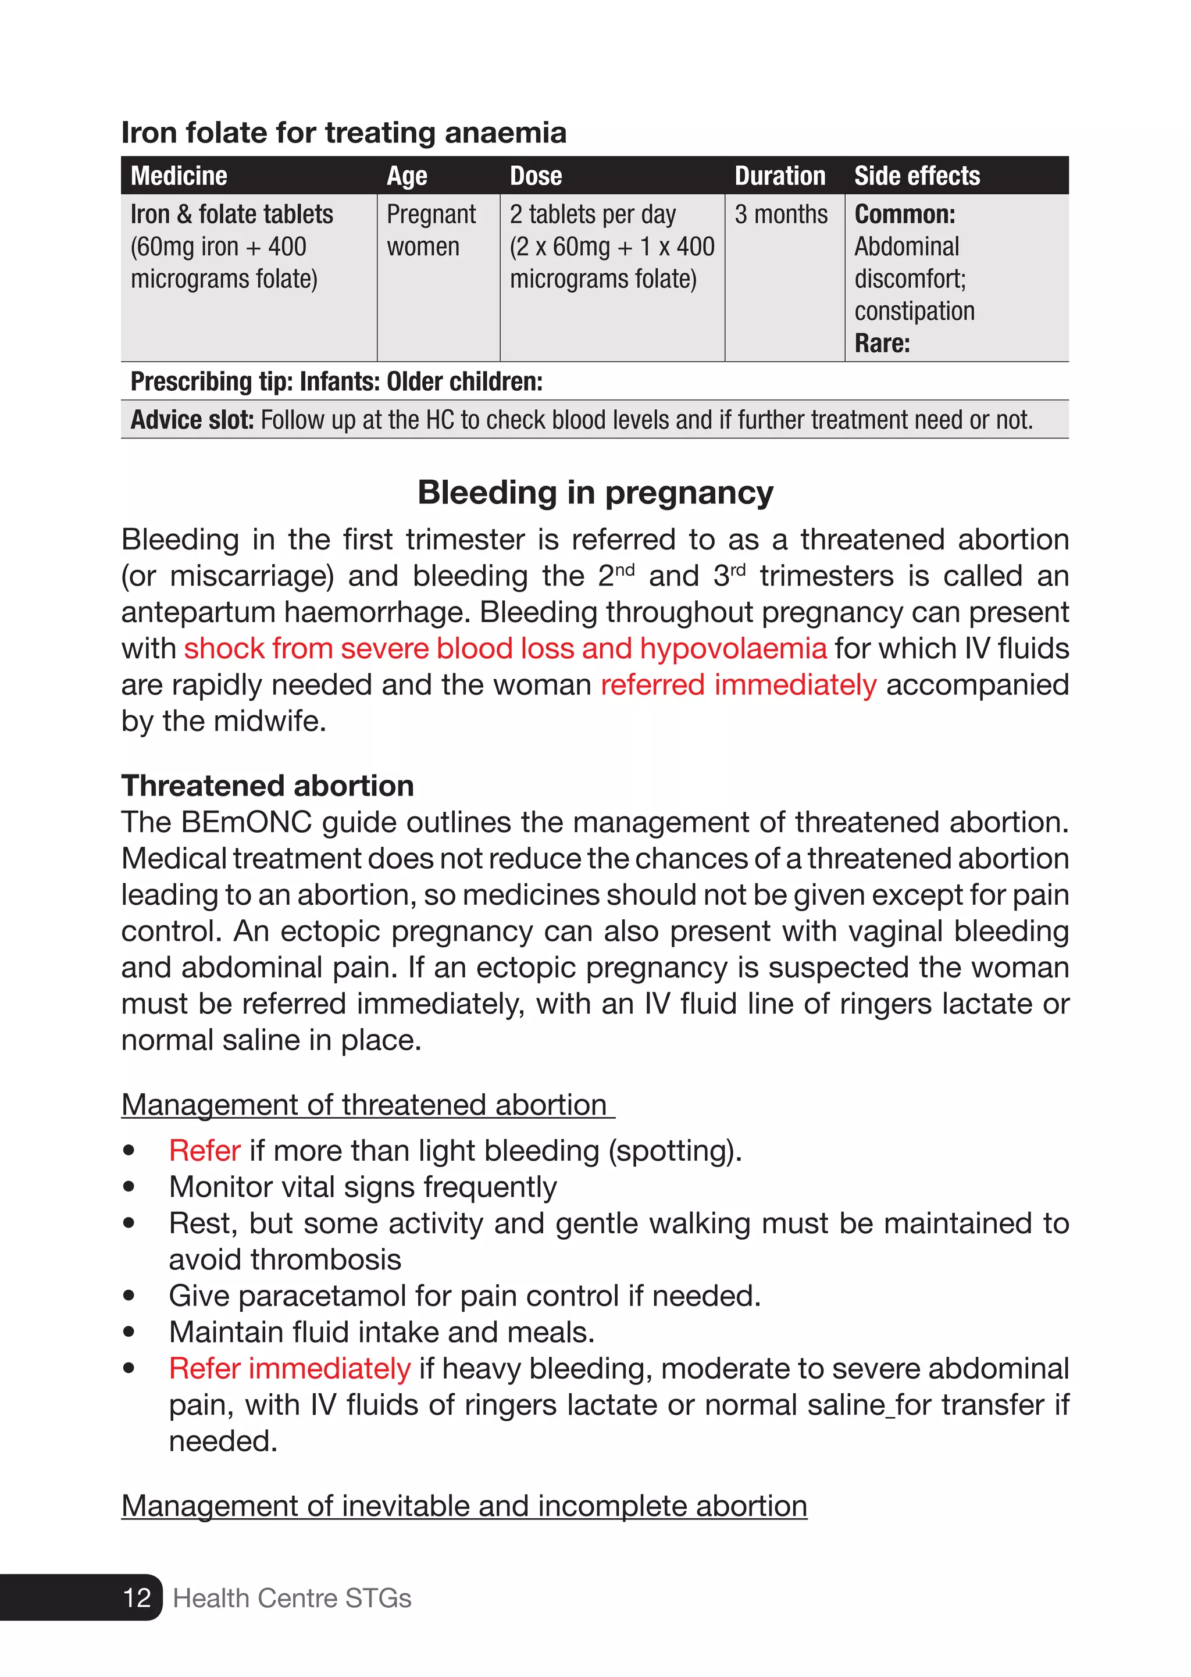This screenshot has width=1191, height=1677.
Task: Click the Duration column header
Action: pyautogui.click(x=780, y=176)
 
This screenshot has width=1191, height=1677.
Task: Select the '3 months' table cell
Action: pyautogui.click(x=780, y=215)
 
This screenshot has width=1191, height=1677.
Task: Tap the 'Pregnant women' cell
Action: pyautogui.click(x=432, y=230)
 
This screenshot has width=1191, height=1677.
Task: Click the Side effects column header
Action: pyautogui.click(x=917, y=176)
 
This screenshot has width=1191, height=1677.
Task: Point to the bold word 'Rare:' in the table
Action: pyautogui.click(x=882, y=344)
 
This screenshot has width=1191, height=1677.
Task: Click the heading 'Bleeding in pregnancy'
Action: pyautogui.click(x=595, y=493)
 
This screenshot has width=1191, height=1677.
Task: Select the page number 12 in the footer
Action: pyautogui.click(x=137, y=1598)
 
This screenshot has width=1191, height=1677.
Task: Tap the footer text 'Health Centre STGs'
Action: pyautogui.click(x=292, y=1598)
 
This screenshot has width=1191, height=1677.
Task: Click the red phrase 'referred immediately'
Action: pyautogui.click(x=738, y=685)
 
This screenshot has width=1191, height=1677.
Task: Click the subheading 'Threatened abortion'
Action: pyautogui.click(x=268, y=786)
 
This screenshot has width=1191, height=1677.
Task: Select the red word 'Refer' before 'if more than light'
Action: pyautogui.click(x=204, y=1151)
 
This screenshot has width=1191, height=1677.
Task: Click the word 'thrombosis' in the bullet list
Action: pyautogui.click(x=286, y=1259)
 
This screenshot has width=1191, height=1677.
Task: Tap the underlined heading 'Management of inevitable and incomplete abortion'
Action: pyautogui.click(x=464, y=1506)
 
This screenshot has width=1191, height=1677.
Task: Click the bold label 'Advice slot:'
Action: pyautogui.click(x=191, y=420)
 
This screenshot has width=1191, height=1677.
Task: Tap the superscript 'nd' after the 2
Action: pyautogui.click(x=624, y=570)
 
